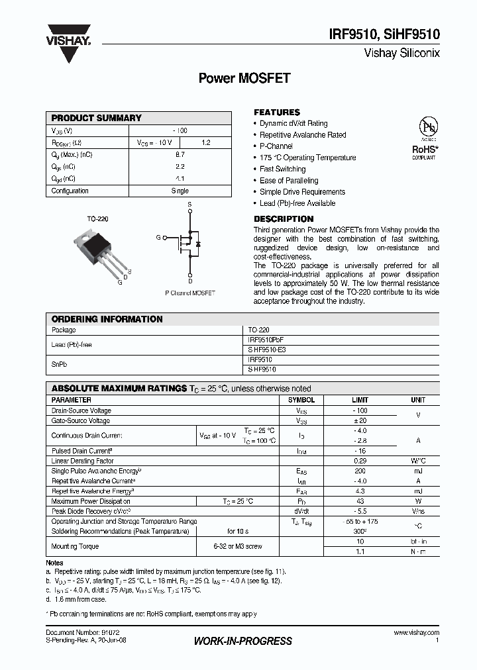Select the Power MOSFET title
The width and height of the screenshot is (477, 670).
[244, 78]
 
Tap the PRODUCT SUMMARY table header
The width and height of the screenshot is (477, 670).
[97, 118]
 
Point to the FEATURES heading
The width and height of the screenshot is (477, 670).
[277, 113]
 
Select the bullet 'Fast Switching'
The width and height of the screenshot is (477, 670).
[282, 169]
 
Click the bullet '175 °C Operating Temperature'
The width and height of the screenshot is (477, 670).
[307, 158]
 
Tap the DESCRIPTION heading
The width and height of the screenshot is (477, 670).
[284, 219]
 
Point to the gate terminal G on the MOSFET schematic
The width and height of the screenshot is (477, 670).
[158, 237]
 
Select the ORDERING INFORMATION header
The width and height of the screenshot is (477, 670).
[107, 319]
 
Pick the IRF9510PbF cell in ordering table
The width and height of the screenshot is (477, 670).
[265, 339]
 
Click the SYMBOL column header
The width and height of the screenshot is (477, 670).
[301, 401]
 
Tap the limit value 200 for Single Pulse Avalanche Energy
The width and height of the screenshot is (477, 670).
[360, 471]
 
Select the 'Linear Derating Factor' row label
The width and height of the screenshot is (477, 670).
[83, 461]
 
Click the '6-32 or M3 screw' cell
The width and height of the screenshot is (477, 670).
[237, 546]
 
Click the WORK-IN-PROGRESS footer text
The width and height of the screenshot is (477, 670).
[242, 641]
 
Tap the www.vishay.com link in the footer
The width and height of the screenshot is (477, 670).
[417, 633]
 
